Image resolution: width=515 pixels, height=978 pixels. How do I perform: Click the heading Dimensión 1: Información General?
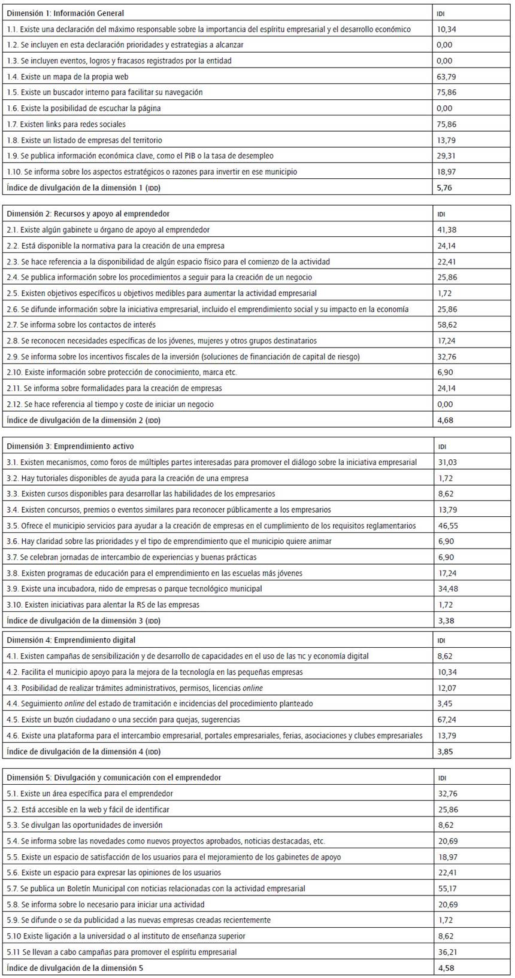coord(65,13)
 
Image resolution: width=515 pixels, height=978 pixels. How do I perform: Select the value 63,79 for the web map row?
coord(445,77)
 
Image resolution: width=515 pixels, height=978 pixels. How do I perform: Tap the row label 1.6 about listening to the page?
coord(83,108)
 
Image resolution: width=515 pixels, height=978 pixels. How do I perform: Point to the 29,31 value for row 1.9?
coord(445,156)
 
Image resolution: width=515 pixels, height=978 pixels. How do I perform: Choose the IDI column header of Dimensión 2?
coord(441,214)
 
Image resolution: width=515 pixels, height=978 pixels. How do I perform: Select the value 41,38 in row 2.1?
coord(445,230)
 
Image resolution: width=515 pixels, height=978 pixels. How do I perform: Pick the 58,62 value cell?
coord(445,325)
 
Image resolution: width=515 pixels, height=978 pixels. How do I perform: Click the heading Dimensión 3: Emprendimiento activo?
coord(70,446)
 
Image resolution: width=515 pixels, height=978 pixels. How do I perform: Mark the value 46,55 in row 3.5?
coord(445,526)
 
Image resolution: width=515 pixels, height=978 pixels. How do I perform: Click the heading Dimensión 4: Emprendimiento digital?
coord(71,640)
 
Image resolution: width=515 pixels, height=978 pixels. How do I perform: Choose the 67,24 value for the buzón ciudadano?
coord(445,720)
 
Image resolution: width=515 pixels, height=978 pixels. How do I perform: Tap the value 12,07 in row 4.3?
coord(445,688)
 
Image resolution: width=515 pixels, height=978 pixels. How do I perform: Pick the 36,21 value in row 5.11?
coord(445,952)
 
